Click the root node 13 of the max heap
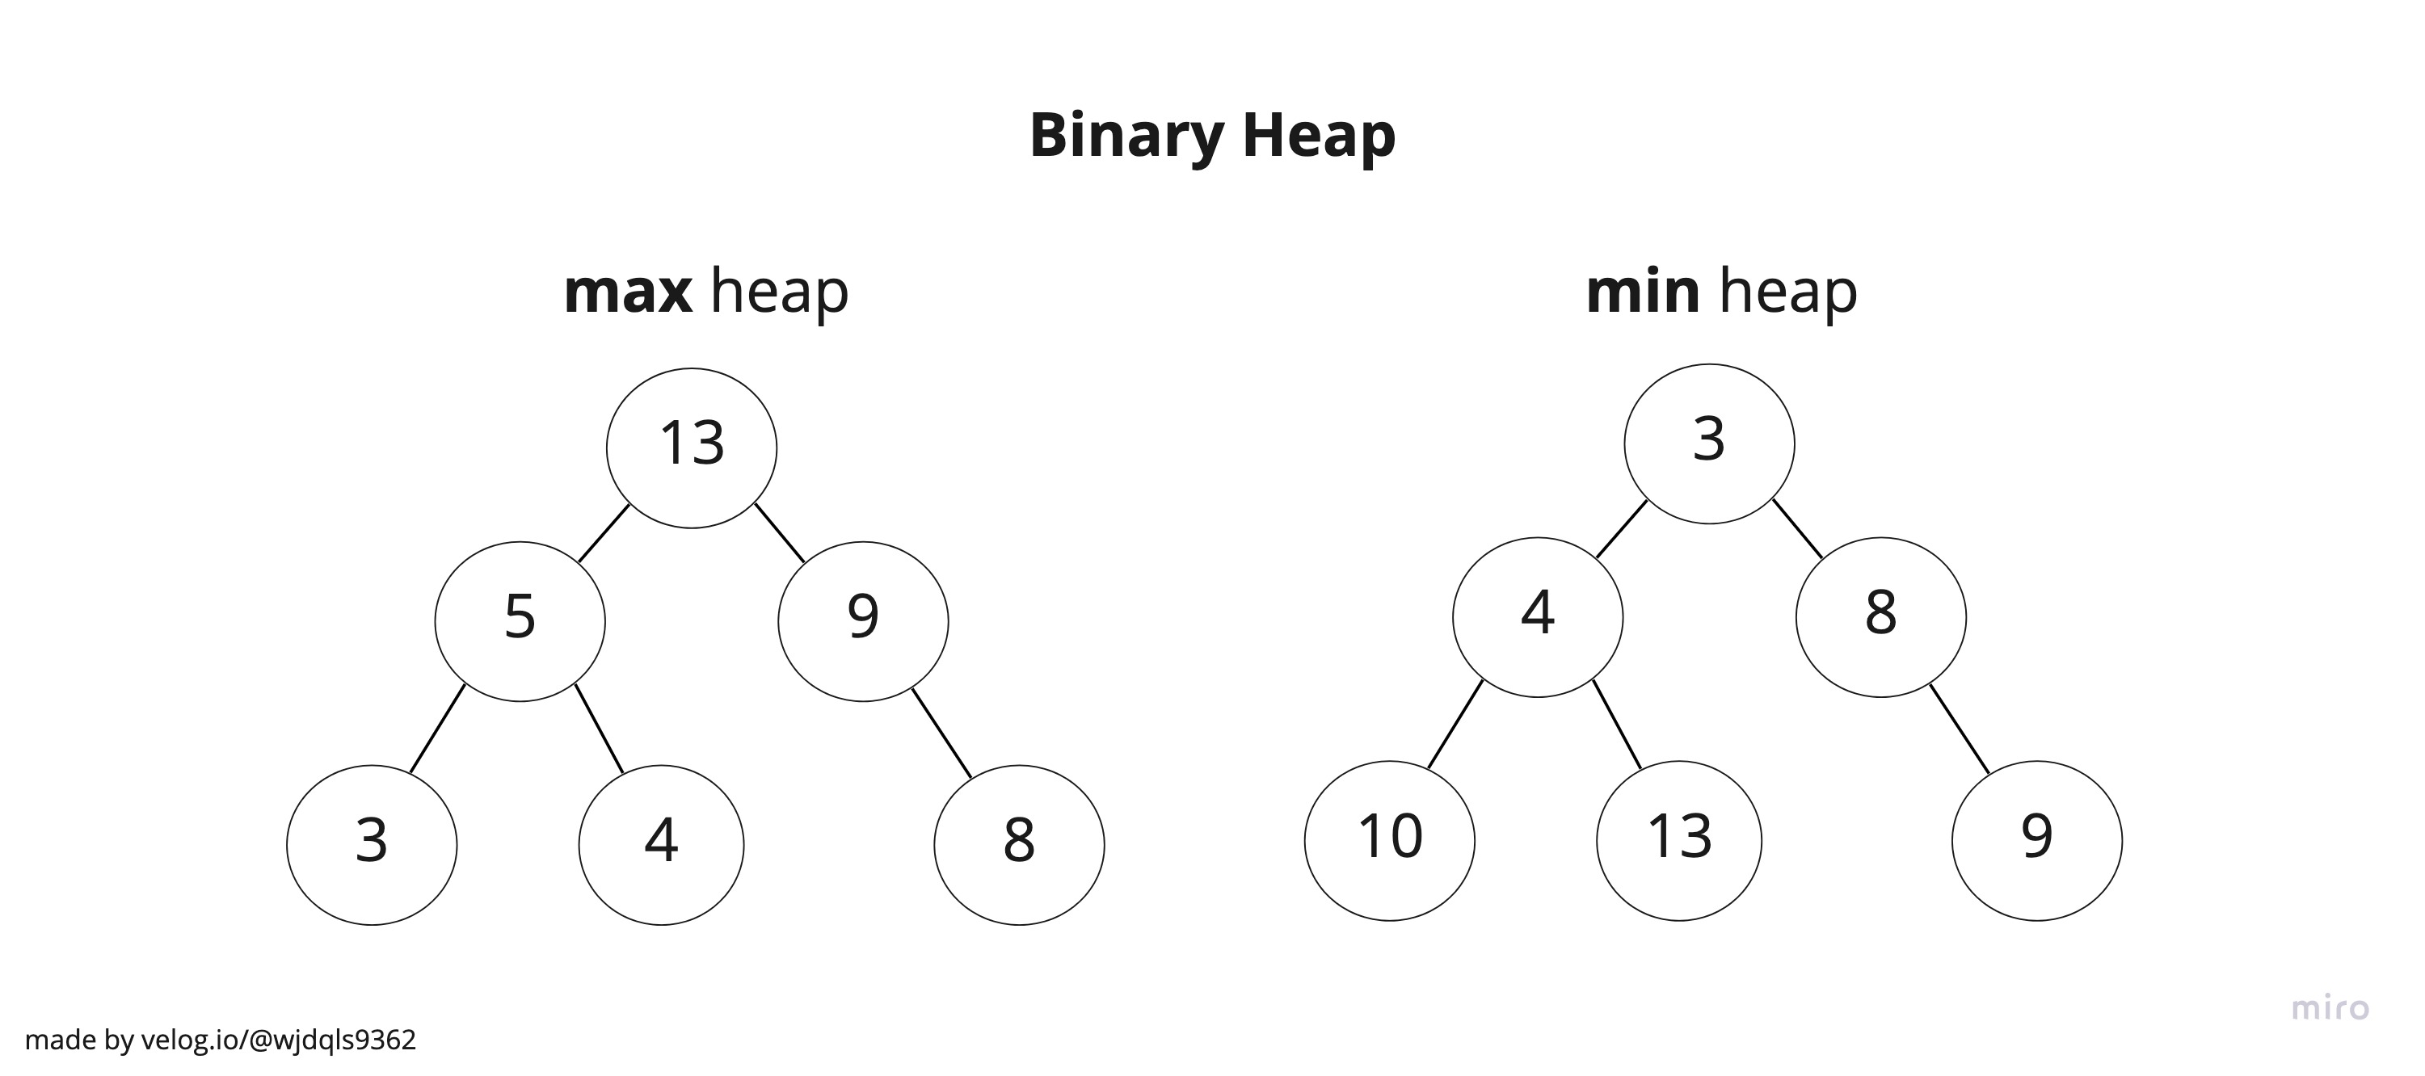click(x=691, y=448)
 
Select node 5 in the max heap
click(x=520, y=620)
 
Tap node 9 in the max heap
click(x=862, y=620)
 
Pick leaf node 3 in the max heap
click(x=372, y=844)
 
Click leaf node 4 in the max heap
click(x=661, y=844)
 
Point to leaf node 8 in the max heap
click(x=1019, y=844)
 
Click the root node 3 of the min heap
click(x=1708, y=443)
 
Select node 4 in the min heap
click(x=1537, y=616)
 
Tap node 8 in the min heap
click(x=1880, y=616)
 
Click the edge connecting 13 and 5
click(x=604, y=534)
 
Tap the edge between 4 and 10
click(x=1455, y=724)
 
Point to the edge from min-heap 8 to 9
click(x=1959, y=729)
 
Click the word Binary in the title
click(x=1126, y=135)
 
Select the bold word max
click(x=627, y=291)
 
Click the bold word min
click(x=1642, y=291)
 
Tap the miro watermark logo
click(x=2330, y=1008)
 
